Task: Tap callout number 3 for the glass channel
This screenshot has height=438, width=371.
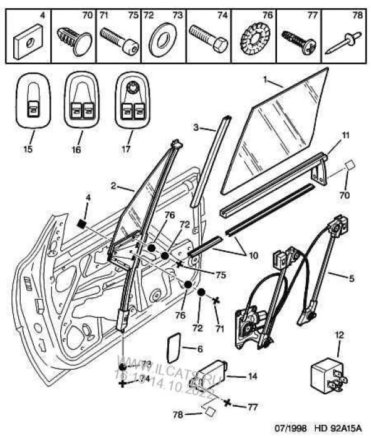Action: [196, 127]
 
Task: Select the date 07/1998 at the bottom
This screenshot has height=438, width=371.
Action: [293, 429]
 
